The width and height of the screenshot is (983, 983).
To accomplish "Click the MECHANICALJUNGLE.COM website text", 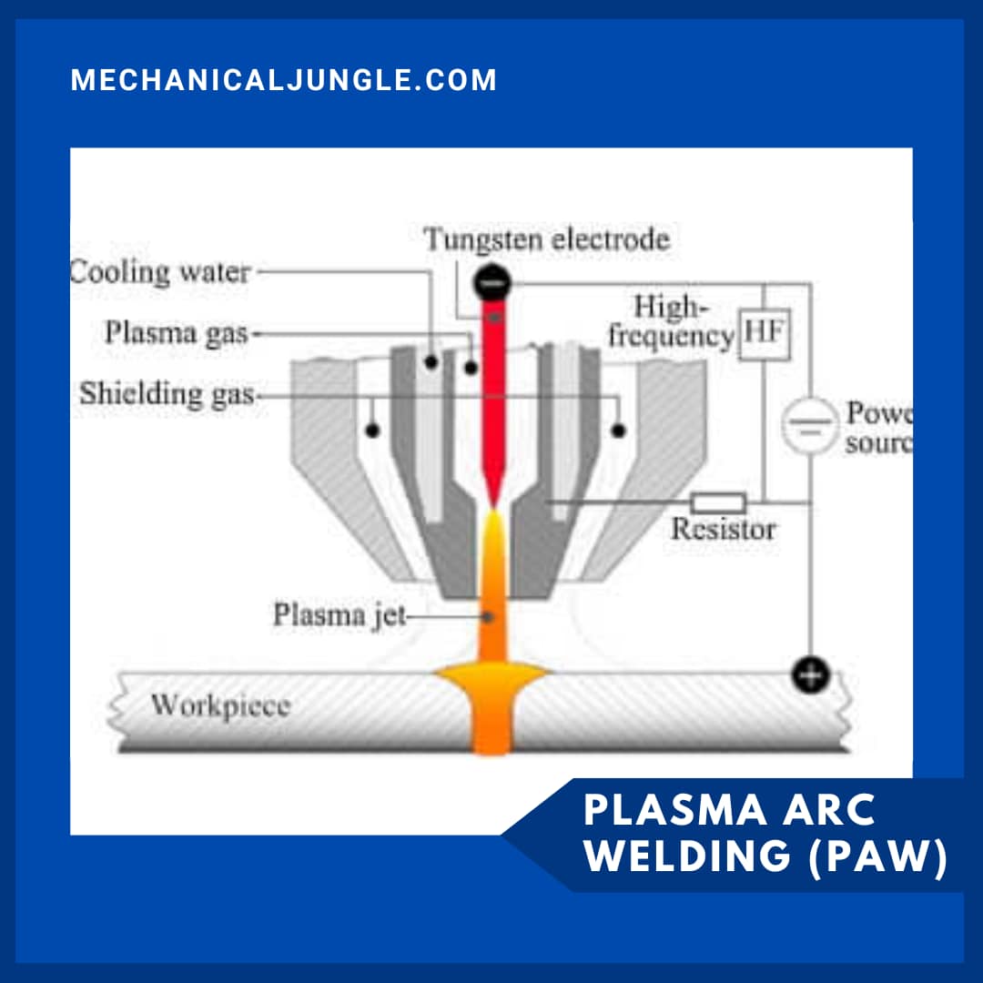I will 284,80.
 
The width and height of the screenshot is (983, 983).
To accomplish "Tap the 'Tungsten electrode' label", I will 547,239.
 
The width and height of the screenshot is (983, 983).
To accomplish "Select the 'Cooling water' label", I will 160,272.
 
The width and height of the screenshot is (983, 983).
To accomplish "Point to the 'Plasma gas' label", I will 176,332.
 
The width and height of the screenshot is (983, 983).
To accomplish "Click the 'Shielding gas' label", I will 167,394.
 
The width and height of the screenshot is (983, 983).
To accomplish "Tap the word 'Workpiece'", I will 219,705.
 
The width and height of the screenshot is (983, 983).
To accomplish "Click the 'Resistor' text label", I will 723,529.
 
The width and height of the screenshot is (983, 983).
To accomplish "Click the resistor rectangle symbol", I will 718,502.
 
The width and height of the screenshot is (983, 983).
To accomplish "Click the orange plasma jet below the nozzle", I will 492,592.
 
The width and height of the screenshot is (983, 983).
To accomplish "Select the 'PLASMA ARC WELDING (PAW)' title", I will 765,833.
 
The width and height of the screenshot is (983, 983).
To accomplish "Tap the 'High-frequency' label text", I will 672,321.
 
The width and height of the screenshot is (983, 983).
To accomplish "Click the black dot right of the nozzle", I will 618,430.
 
